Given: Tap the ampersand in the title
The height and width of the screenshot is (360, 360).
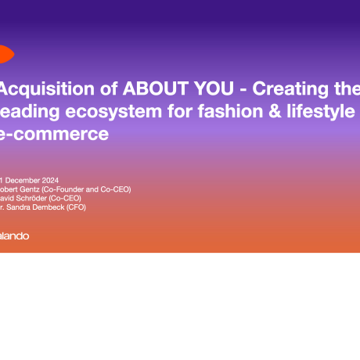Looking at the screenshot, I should click(250, 110).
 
